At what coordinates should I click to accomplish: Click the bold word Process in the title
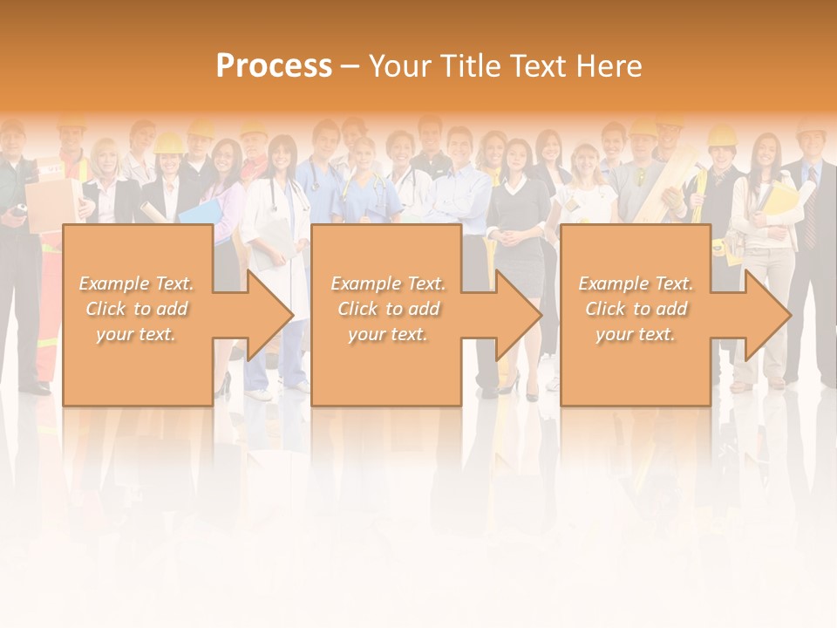[x=274, y=65]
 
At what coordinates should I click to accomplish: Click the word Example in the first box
[x=113, y=283]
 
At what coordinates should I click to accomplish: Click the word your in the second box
[x=367, y=334]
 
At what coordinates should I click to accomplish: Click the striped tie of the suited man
[x=811, y=218]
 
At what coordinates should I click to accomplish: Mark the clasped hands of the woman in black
[x=507, y=235]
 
